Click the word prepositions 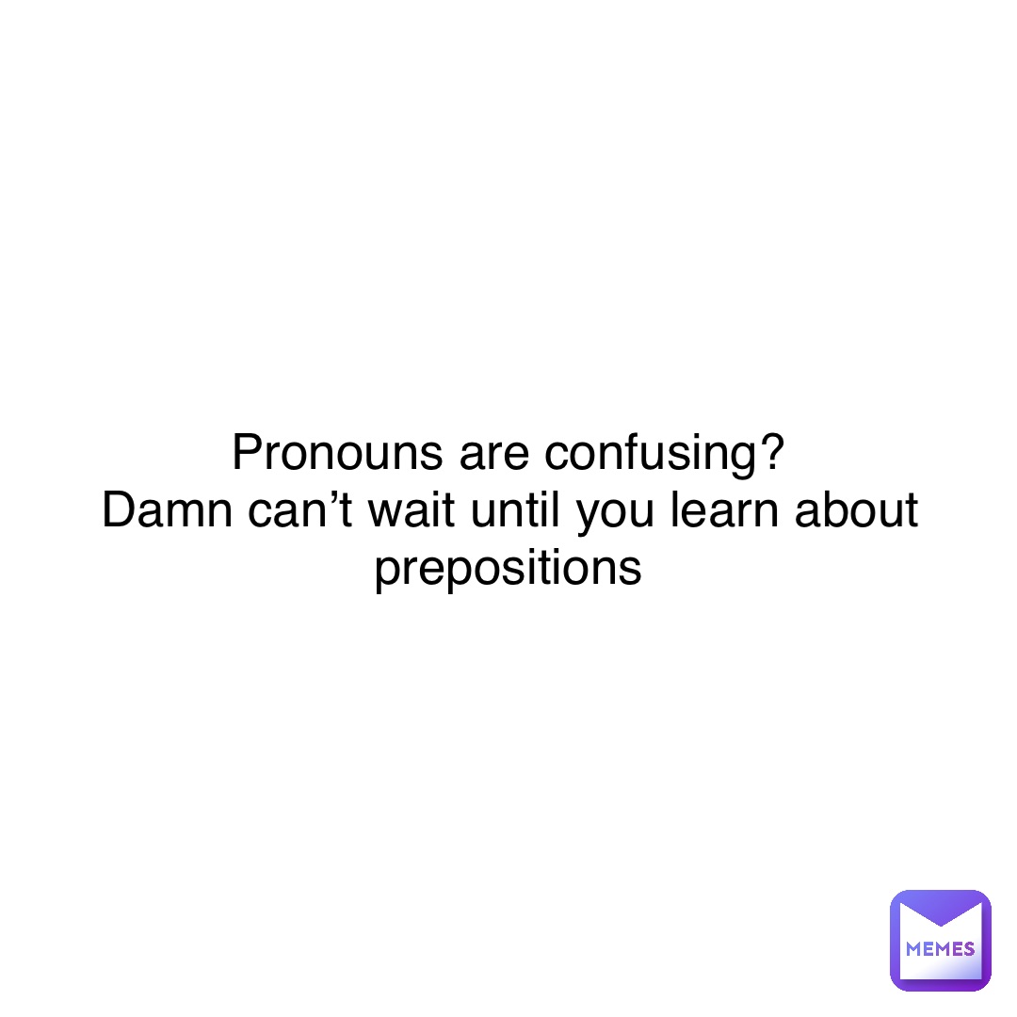(508, 571)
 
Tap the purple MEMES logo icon (940, 940)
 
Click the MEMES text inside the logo (940, 949)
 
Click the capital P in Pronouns (245, 455)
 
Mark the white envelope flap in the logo (940, 913)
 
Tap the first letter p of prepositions (385, 573)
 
